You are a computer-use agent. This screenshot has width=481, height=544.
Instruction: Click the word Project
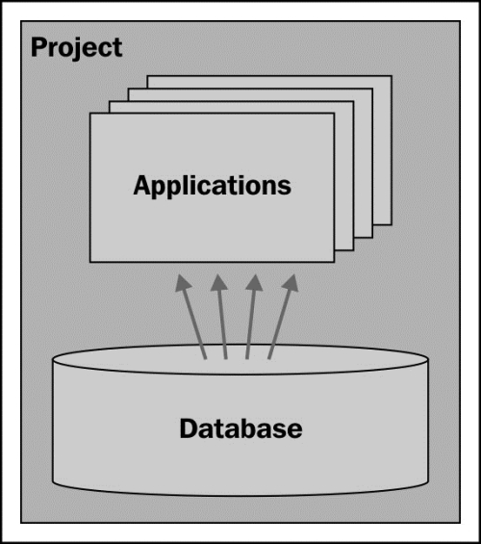(x=77, y=48)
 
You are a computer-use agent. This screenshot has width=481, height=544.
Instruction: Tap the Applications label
(x=212, y=186)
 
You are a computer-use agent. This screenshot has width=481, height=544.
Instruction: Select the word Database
(x=240, y=428)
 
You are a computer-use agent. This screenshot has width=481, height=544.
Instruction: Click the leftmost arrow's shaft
(x=194, y=324)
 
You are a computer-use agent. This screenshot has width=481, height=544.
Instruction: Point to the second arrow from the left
(x=220, y=317)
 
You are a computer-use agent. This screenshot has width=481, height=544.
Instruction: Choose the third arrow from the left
(x=253, y=317)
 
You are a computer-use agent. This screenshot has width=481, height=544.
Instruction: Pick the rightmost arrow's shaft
(x=280, y=324)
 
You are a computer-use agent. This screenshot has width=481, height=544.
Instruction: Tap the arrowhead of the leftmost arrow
(x=183, y=282)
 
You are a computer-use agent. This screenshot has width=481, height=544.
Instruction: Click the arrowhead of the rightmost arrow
(x=291, y=282)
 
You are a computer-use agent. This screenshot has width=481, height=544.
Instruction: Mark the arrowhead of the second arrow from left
(x=218, y=282)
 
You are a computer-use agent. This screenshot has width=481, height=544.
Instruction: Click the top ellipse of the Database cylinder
(x=240, y=360)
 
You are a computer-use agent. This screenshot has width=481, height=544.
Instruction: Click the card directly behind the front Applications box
(x=344, y=180)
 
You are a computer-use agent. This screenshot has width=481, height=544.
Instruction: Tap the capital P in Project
(x=38, y=47)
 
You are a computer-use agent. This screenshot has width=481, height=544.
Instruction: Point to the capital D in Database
(x=189, y=428)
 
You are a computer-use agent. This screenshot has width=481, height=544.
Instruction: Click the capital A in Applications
(x=142, y=185)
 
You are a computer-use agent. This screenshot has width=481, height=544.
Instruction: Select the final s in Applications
(x=285, y=188)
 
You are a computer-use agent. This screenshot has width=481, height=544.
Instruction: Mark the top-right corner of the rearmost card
(x=392, y=75)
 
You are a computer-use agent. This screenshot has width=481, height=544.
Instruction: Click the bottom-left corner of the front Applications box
(x=90, y=262)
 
